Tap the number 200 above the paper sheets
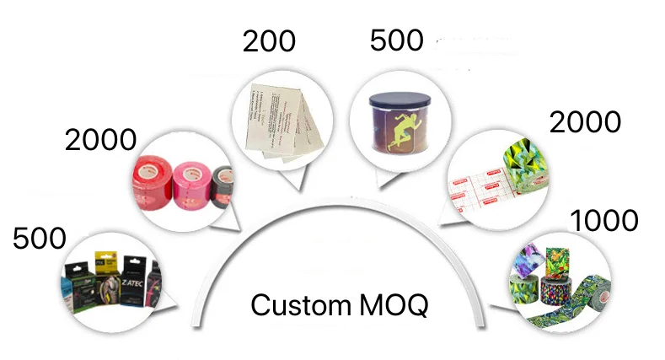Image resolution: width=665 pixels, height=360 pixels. click(269, 41)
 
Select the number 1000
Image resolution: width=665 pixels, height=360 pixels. click(604, 222)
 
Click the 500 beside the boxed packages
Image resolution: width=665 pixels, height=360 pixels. click(39, 239)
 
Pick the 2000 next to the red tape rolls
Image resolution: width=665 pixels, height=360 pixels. click(100, 141)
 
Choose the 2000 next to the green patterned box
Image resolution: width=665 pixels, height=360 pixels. click(585, 122)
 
